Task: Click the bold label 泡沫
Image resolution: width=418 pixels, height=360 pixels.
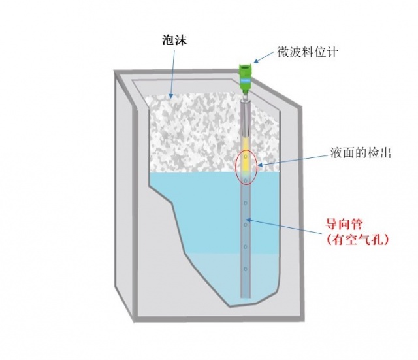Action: [174, 41]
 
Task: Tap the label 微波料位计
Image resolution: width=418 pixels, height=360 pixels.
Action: [308, 52]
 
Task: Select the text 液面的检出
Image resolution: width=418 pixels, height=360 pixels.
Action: [361, 153]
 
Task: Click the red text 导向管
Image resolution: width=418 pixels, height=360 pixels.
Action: [344, 225]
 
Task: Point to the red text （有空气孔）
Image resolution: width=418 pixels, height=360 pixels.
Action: [357, 240]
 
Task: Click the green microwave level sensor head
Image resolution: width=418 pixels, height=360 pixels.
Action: [246, 77]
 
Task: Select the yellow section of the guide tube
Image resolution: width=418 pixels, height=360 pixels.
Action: [246, 155]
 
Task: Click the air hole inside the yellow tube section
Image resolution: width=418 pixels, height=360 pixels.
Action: [246, 156]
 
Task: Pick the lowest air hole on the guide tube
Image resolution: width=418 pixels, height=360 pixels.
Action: [246, 269]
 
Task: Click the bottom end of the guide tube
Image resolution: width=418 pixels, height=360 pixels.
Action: [246, 297]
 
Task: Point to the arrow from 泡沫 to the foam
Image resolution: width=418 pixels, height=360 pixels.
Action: [172, 74]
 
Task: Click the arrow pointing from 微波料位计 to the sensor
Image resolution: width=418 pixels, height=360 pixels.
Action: [263, 57]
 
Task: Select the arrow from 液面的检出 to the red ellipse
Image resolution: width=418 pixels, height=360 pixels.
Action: [293, 161]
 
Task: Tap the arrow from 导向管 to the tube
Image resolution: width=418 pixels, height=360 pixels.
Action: [284, 227]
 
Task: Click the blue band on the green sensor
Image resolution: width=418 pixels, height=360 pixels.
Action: [246, 80]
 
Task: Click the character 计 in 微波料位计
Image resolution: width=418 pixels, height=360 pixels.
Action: [332, 52]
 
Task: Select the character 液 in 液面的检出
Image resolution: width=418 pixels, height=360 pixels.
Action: [336, 153]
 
